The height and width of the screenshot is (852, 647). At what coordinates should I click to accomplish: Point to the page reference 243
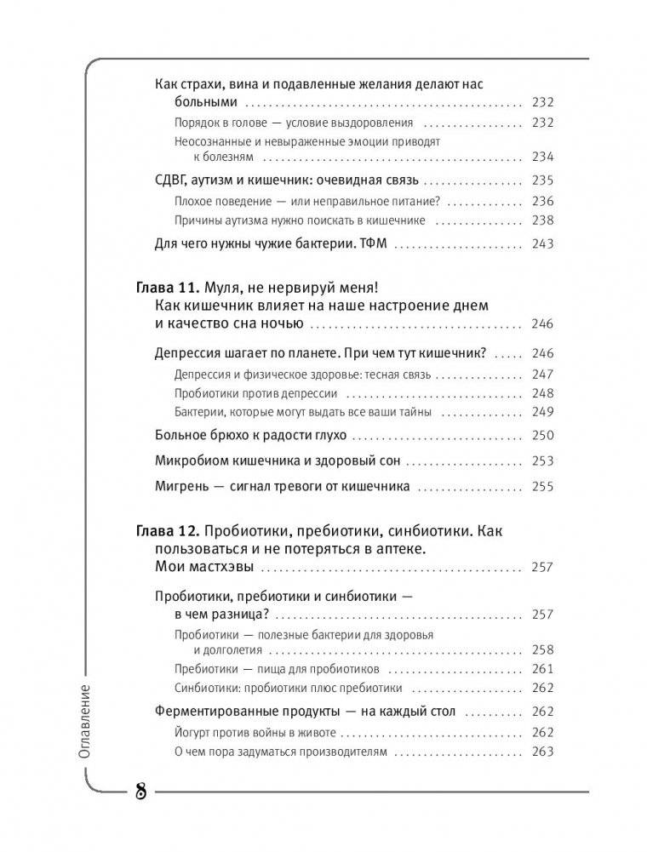(x=541, y=243)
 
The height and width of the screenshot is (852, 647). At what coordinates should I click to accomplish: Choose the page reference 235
(x=541, y=180)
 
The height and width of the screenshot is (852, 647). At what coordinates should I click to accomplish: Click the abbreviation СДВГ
(x=174, y=180)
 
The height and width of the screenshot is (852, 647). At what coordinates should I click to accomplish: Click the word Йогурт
(x=193, y=731)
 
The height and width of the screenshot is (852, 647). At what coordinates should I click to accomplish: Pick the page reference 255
(x=541, y=487)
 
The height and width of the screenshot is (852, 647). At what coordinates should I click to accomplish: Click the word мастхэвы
(x=220, y=568)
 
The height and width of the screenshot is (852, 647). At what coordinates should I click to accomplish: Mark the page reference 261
(x=541, y=668)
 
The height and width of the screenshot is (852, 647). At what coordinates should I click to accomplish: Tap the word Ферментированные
(x=213, y=711)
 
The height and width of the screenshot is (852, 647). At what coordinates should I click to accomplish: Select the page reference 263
(x=541, y=752)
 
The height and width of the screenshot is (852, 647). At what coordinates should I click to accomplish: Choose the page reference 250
(x=541, y=435)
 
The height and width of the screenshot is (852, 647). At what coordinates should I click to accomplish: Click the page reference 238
(x=541, y=220)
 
